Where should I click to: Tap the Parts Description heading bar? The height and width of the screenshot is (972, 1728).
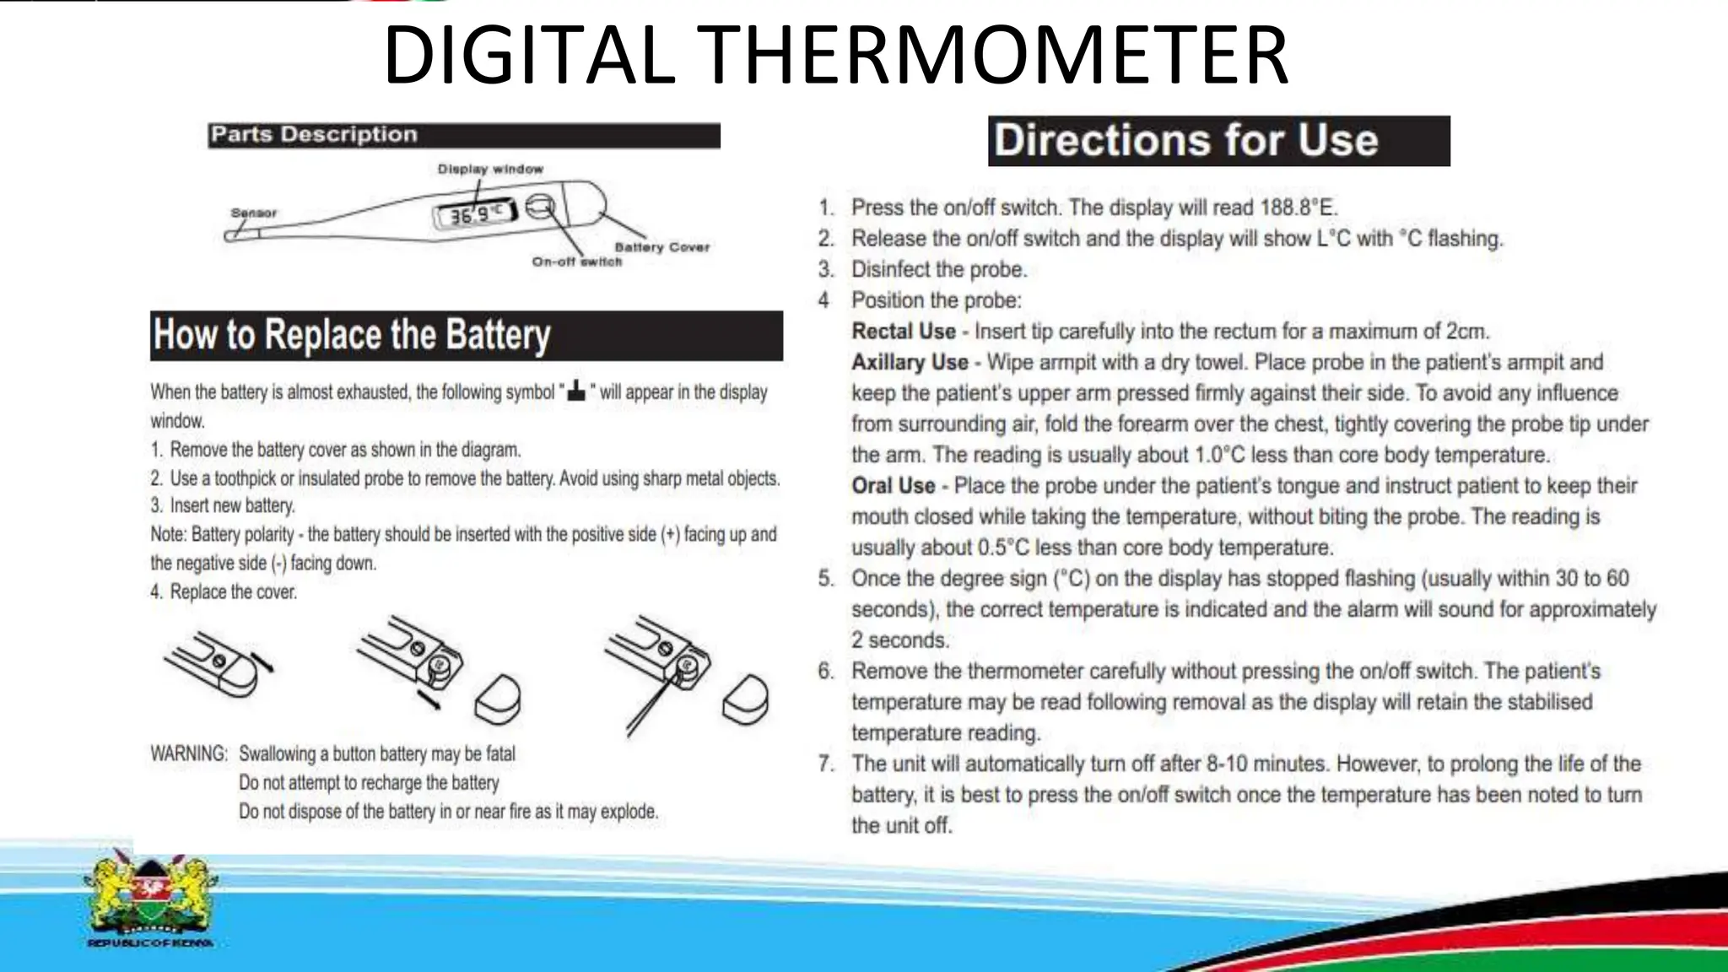(463, 135)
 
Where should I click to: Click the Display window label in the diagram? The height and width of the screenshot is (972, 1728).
(490, 169)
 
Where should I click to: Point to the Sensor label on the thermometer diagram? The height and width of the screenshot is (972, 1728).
(253, 213)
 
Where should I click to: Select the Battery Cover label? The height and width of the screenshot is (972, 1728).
(661, 247)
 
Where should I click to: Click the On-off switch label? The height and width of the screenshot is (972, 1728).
(576, 262)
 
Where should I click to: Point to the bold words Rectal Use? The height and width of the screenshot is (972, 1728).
(903, 332)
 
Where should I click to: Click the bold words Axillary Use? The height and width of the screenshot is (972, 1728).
(910, 362)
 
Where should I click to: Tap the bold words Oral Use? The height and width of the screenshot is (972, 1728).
(893, 486)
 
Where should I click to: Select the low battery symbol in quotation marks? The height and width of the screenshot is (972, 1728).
(576, 391)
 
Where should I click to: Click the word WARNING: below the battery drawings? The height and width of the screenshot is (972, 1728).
(189, 753)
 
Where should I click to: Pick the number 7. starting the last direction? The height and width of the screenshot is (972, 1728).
(826, 764)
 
